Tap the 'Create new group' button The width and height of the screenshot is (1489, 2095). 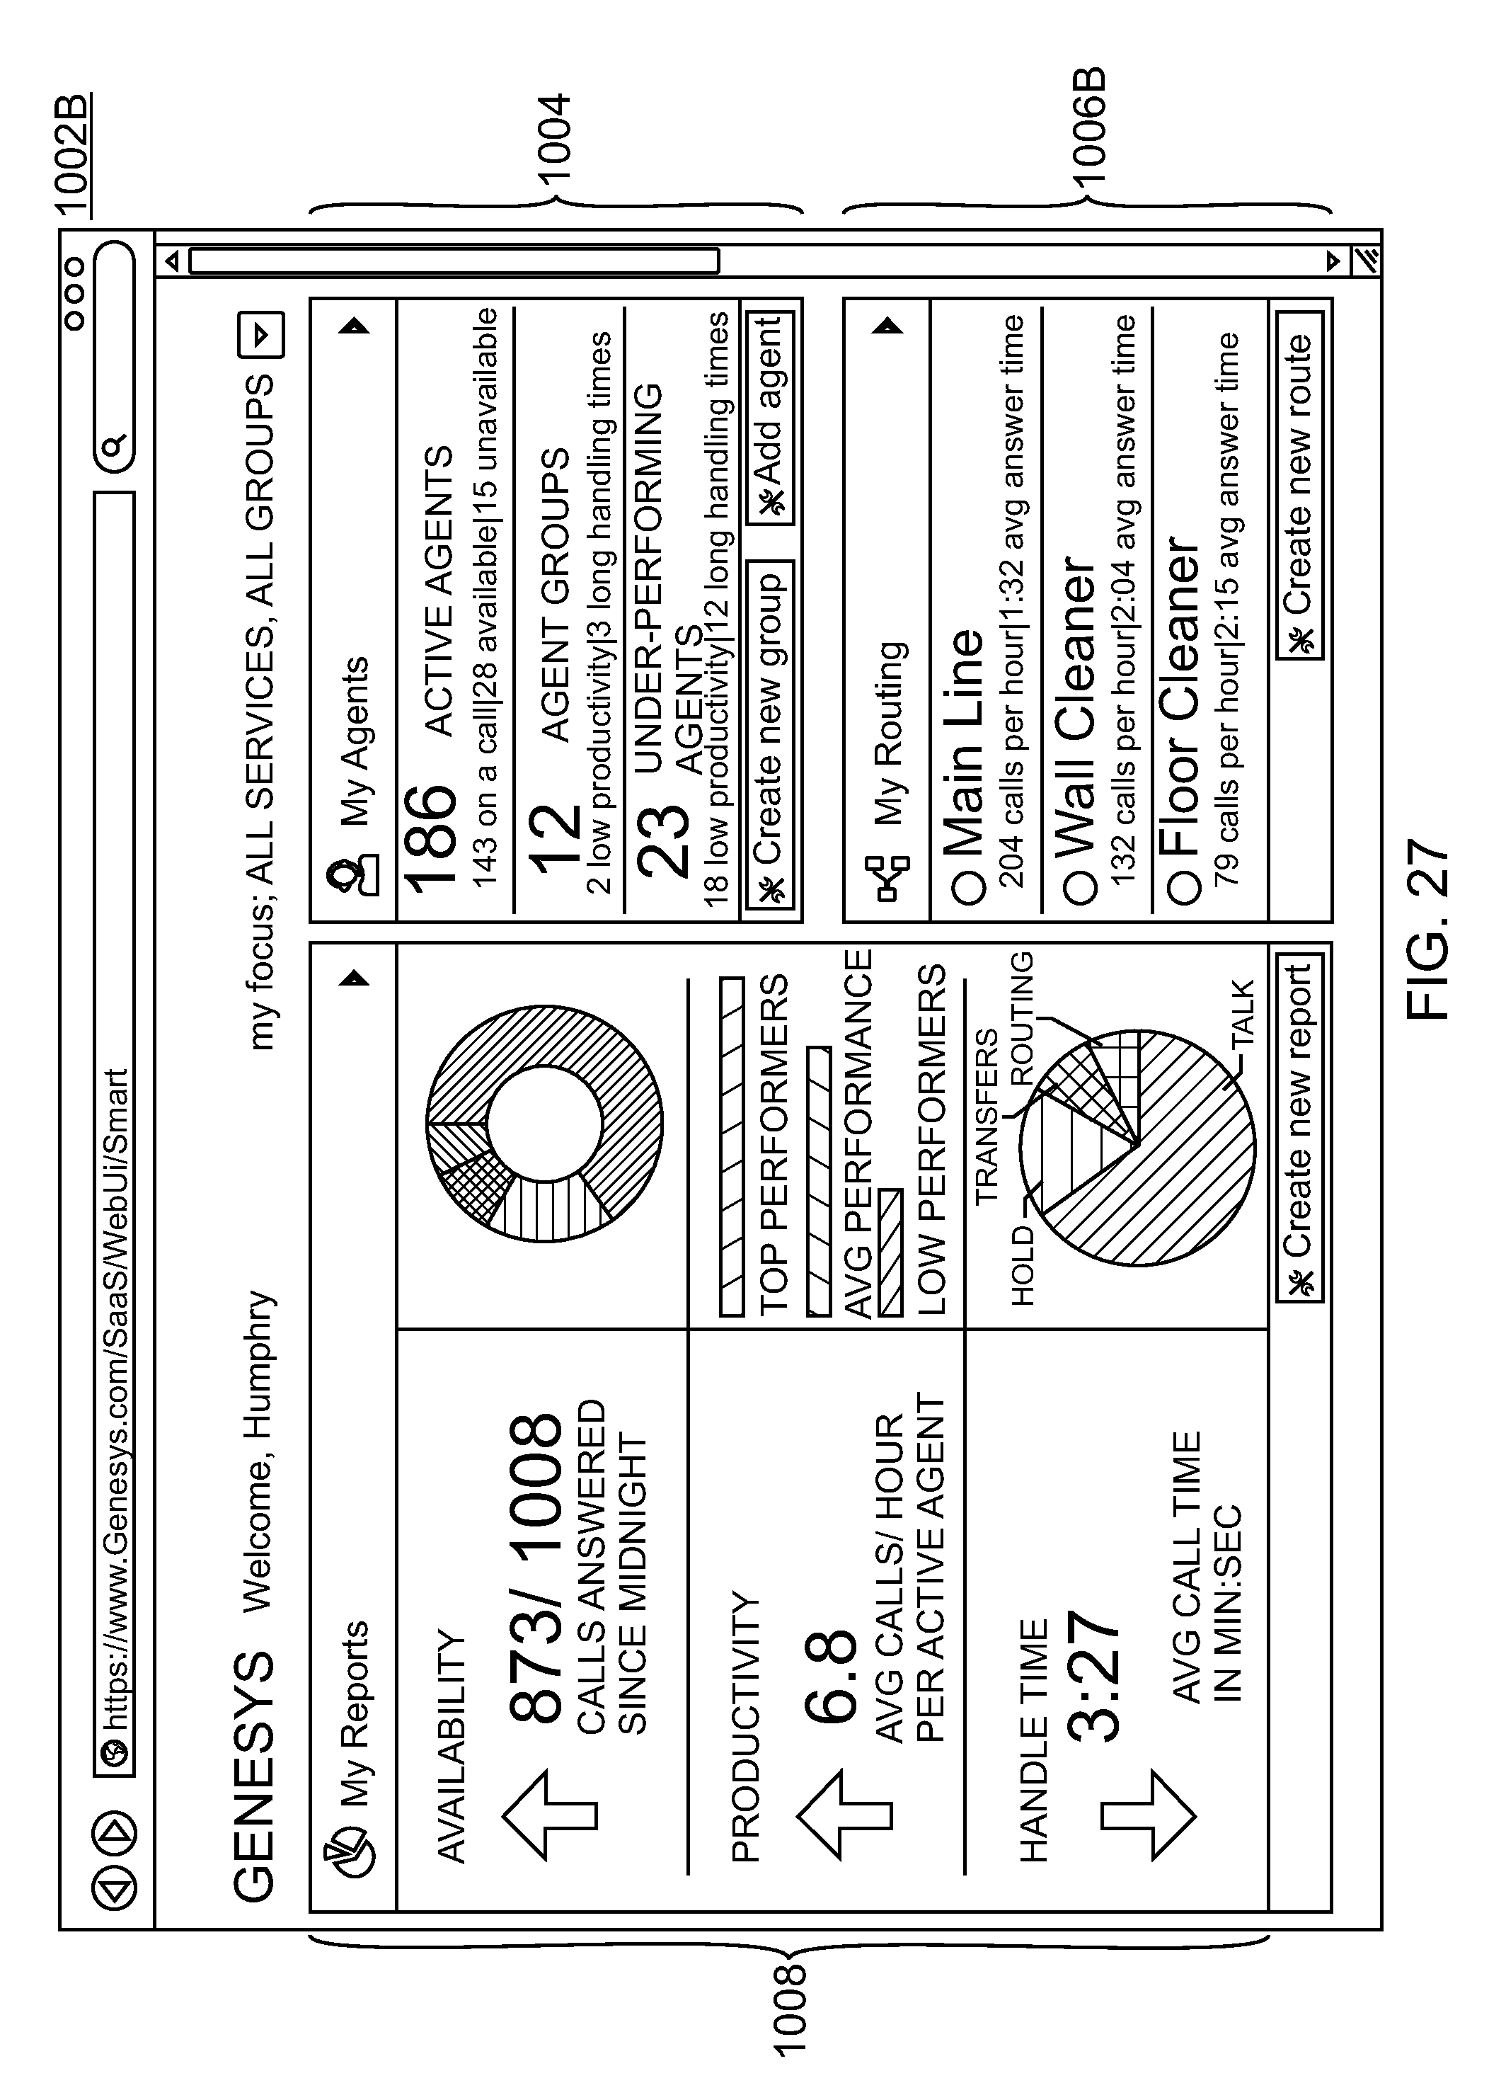click(770, 733)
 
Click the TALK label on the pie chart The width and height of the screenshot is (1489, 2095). click(1242, 1014)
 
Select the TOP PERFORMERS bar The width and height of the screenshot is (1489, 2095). click(732, 1146)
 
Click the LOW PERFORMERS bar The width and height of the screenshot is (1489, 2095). click(890, 1252)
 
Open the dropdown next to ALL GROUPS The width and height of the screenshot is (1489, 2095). click(260, 335)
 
